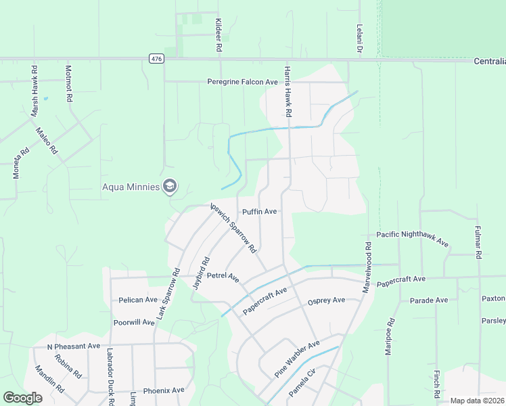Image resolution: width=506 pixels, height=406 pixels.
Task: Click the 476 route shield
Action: coord(156,59)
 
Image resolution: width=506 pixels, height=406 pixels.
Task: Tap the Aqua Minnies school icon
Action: coord(170,186)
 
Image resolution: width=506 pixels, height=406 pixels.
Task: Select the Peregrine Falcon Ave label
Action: coord(242,82)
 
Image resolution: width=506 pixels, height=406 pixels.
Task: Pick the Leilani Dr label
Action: coord(360,40)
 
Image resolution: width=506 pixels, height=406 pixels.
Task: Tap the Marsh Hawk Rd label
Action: coord(34,91)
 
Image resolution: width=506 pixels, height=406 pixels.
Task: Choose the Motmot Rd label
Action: coord(68,84)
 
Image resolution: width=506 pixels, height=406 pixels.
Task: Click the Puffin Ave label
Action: coord(260,212)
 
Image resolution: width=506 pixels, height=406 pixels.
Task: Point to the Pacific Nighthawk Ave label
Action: coord(413,238)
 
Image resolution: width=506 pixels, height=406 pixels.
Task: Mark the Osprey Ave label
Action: coord(326,300)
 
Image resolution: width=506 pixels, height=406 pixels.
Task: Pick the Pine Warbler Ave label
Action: coord(296,359)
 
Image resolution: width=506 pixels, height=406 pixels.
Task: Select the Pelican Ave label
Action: coord(138,299)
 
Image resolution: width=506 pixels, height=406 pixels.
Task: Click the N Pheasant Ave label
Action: coord(74,346)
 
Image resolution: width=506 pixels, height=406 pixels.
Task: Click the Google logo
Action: coord(22,399)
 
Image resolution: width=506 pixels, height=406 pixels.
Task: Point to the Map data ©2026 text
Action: coord(476,401)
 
